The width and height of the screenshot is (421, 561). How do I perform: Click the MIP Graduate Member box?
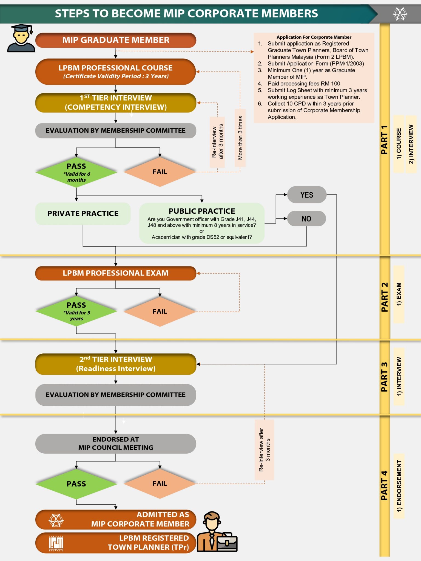115,40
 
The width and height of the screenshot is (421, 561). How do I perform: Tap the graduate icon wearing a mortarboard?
21,38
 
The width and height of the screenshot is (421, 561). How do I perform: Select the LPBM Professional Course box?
115,71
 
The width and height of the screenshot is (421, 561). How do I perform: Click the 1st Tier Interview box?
115,102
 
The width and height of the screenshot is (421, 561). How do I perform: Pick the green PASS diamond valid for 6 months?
76,172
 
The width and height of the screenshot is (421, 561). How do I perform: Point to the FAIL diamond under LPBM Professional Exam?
160,311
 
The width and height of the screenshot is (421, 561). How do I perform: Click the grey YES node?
306,195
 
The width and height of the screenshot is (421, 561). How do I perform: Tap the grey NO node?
306,219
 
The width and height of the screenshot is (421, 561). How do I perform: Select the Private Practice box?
83,213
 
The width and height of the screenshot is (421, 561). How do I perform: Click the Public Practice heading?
202,211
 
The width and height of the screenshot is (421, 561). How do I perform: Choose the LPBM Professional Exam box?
115,273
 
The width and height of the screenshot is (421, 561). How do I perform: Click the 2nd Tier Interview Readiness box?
115,364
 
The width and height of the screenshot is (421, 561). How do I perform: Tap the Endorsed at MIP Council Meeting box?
115,443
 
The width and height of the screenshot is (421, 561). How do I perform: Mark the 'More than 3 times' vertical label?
240,138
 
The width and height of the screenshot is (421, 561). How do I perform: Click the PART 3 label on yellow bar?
385,377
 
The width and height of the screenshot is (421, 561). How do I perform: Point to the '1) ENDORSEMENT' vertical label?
399,486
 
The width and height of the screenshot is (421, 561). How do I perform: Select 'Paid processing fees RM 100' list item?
304,84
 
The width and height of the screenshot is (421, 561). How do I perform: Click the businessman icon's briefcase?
227,542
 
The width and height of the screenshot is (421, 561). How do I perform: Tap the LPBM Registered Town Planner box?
115,542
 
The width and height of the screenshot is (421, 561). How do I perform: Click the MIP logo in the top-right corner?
400,14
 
